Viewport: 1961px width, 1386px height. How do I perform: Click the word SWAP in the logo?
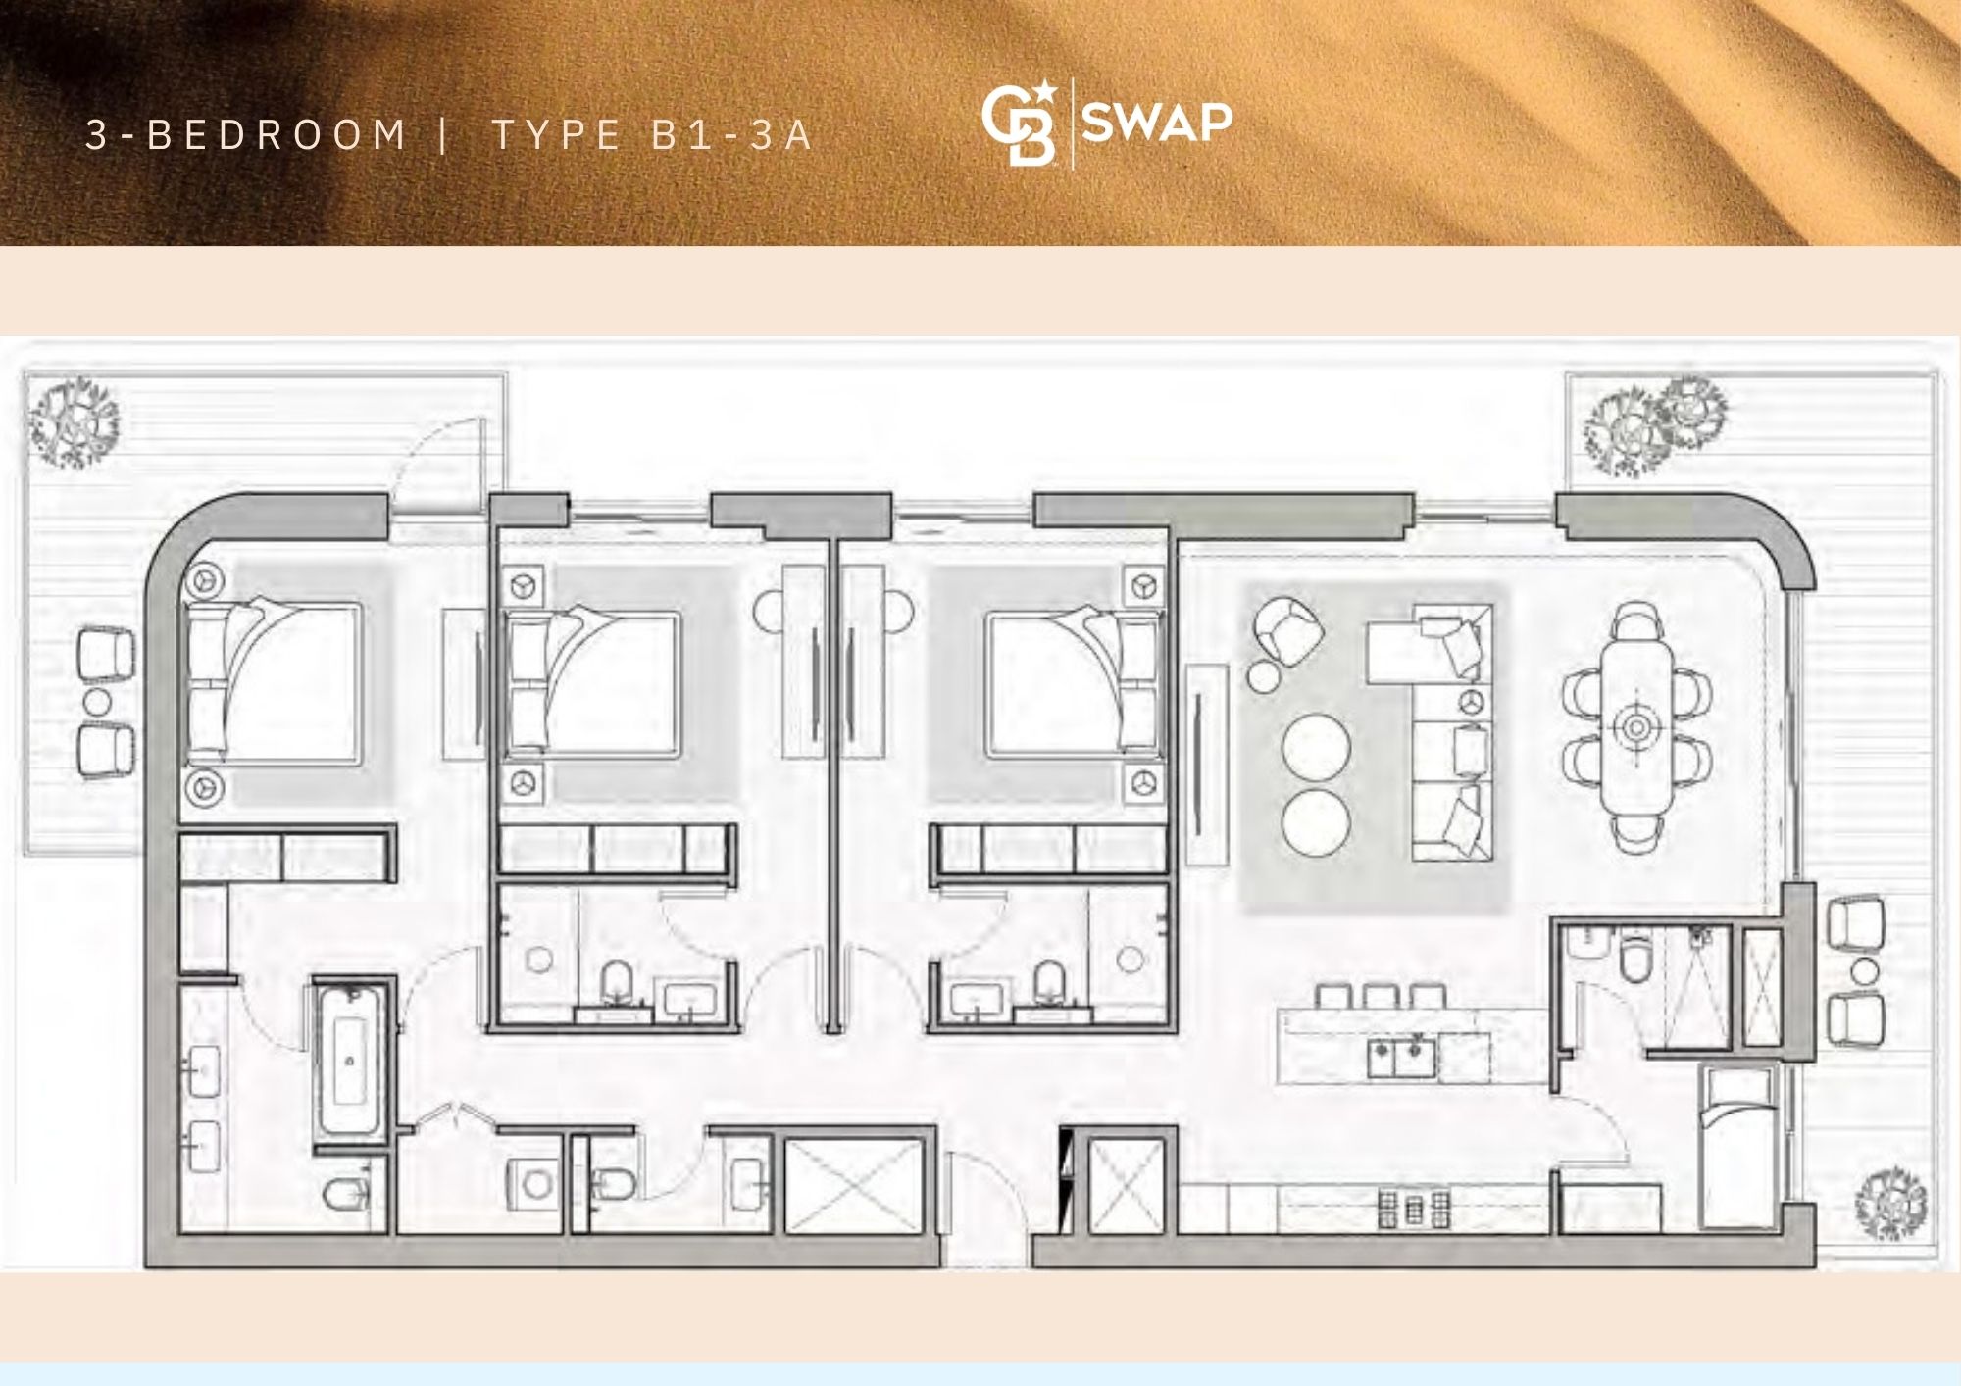1157,122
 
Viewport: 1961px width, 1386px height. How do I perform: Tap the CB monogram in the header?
1020,124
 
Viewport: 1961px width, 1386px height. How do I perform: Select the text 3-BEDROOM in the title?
245,135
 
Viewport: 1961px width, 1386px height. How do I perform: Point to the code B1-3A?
731,135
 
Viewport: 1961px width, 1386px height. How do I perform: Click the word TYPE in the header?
556,135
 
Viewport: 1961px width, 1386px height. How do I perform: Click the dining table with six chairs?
1635,726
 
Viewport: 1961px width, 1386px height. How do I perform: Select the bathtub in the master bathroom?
349,1061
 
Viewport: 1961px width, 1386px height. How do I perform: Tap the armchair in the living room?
1286,628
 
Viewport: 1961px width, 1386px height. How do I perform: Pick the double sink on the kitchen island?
1402,1058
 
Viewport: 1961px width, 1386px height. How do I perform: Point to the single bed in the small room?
1739,1147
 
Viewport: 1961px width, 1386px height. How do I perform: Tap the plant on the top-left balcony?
74,422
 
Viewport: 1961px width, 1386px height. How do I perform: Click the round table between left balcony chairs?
98,702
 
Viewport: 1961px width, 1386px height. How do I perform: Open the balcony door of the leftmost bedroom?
439,465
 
